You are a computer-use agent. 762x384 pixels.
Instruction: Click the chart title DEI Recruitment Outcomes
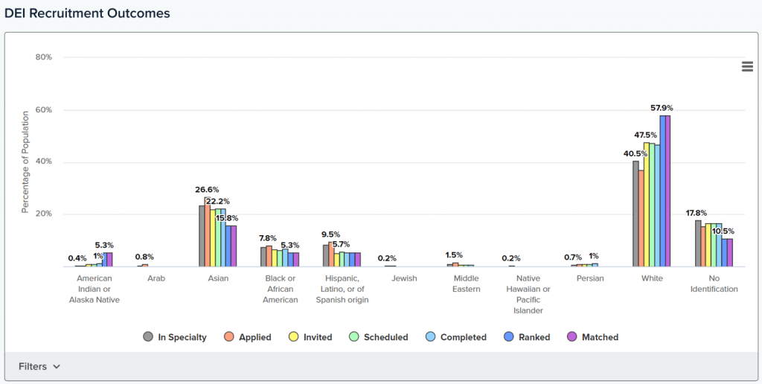88,13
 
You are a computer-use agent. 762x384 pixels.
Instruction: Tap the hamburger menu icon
747,67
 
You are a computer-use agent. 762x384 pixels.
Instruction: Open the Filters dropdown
39,366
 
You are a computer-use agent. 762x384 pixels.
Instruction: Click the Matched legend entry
593,337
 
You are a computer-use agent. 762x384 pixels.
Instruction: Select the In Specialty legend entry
176,337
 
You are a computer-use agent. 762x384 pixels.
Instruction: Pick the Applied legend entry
249,337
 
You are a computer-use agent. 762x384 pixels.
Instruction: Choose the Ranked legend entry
528,337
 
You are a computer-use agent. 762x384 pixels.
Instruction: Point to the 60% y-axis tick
44,110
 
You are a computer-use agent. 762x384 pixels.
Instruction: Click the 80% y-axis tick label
44,57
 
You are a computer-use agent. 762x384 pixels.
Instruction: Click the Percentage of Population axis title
25,161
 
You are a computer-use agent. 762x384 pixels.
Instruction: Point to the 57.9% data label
662,108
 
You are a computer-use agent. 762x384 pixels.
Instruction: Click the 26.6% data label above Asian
206,190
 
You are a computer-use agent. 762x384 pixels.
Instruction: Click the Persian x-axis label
590,278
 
